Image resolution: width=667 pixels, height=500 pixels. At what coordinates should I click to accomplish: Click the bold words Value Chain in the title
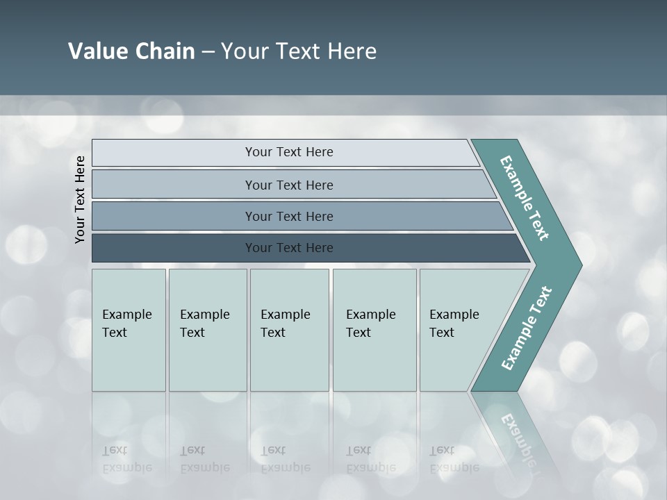(x=131, y=51)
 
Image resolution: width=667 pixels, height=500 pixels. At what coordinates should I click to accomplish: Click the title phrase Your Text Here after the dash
(x=299, y=51)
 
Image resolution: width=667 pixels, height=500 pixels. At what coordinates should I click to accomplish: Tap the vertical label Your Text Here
(x=80, y=199)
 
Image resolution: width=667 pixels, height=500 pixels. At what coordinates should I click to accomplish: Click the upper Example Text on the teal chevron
(x=525, y=198)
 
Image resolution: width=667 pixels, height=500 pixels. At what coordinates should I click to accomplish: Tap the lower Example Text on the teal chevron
(x=526, y=328)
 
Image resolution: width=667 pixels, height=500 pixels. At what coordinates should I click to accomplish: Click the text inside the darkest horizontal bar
(x=289, y=248)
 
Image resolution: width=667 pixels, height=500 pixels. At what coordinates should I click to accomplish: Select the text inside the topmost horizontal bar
(x=289, y=152)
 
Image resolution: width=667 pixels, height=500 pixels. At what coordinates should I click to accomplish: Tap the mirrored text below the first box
(x=126, y=459)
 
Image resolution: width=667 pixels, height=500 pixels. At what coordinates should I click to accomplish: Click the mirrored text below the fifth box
(x=454, y=459)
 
